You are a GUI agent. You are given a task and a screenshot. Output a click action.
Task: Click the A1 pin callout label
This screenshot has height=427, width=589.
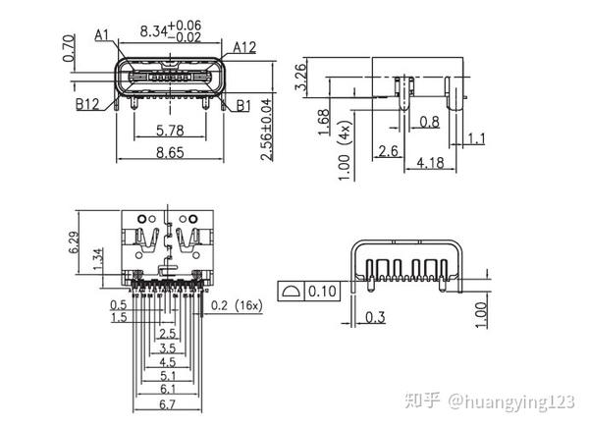[x=103, y=35]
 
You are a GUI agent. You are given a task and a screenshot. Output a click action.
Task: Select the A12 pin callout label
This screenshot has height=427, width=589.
[x=245, y=46]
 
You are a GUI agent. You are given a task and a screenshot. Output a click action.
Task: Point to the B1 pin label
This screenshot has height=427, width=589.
[x=243, y=104]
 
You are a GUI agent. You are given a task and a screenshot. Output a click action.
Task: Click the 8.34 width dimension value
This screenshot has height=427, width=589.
[x=152, y=31]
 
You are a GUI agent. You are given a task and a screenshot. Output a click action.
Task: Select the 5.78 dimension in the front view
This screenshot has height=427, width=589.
[x=164, y=129]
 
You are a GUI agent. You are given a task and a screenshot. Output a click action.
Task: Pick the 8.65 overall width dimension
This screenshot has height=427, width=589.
[x=164, y=153]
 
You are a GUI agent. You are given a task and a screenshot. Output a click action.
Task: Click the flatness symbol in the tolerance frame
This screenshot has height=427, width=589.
[x=292, y=292]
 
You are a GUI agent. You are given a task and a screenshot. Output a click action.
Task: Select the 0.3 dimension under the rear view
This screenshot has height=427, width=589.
[x=374, y=317]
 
